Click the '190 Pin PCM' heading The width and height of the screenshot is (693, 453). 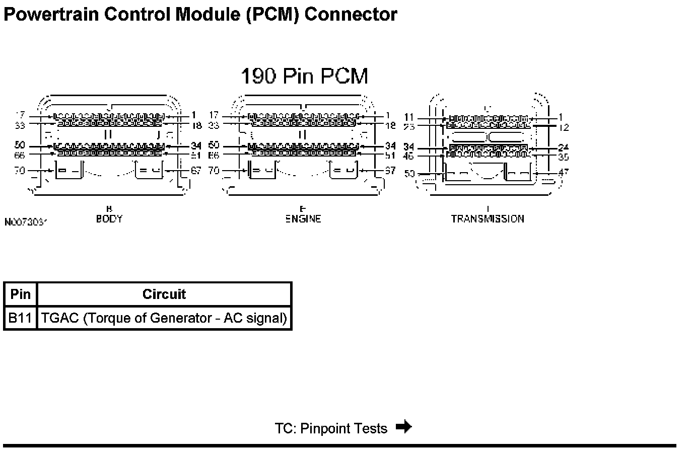[x=304, y=76]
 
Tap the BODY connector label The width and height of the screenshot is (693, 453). [x=109, y=219]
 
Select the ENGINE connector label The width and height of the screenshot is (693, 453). [x=303, y=219]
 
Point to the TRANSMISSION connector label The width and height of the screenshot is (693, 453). [x=488, y=219]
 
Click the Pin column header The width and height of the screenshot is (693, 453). [x=21, y=294]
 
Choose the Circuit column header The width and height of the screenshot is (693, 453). [x=164, y=294]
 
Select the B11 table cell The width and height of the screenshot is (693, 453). [x=21, y=318]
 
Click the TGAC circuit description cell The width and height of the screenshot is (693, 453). [x=164, y=318]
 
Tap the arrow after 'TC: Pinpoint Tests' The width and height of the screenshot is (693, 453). [x=403, y=427]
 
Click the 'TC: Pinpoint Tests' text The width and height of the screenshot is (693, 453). [x=331, y=428]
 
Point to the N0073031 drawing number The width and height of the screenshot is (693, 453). [x=26, y=222]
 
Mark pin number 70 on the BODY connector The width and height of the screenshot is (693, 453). [x=20, y=171]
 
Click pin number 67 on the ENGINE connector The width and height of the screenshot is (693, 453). [x=390, y=171]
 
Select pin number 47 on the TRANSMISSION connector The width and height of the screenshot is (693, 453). [x=563, y=172]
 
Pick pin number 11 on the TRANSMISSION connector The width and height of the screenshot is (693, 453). [x=409, y=118]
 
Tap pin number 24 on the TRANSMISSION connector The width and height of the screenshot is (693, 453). [x=563, y=148]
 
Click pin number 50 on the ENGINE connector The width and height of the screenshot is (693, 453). [x=214, y=145]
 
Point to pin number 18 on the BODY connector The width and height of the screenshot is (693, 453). [x=196, y=125]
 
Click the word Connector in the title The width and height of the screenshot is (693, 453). [x=351, y=15]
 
